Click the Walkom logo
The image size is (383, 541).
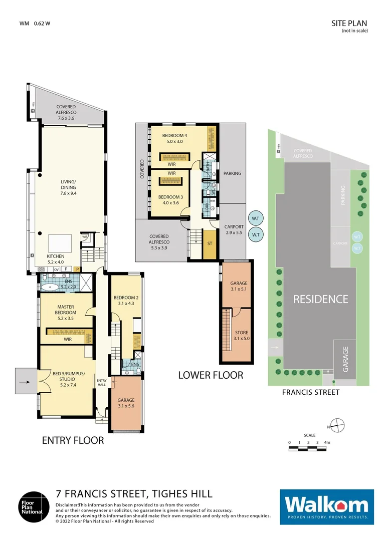(x=326, y=506)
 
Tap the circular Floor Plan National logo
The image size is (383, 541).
(x=35, y=506)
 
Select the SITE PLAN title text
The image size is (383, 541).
(x=349, y=23)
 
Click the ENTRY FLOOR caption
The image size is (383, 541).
(x=73, y=441)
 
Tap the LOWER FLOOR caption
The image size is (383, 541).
(x=211, y=375)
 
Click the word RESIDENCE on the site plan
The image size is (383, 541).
(x=320, y=299)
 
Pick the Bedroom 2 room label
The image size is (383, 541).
(x=126, y=300)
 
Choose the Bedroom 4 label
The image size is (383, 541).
(x=174, y=138)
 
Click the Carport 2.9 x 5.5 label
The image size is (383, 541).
(x=234, y=230)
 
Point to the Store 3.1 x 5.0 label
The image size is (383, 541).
(x=241, y=335)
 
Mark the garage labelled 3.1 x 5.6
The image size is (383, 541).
(x=126, y=403)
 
